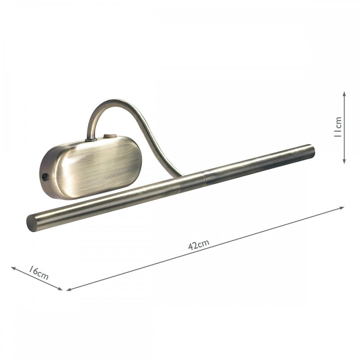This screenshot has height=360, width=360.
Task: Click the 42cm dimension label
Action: pos(199,244)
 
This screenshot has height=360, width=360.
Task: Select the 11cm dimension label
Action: pos(338,127)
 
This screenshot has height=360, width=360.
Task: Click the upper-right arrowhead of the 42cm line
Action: pos(342,208)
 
